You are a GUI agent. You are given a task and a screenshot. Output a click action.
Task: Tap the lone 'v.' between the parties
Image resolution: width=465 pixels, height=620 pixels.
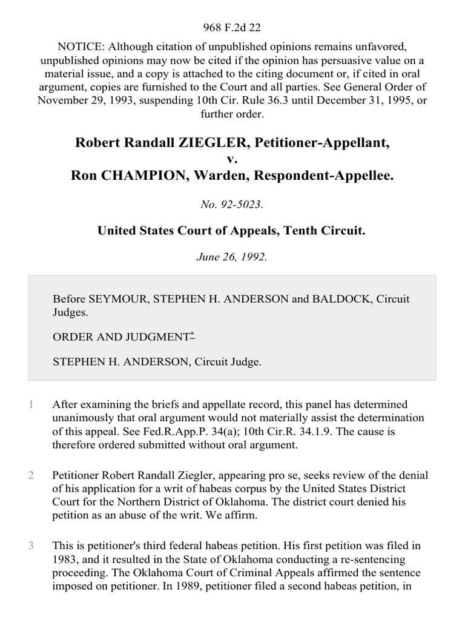point(232,159)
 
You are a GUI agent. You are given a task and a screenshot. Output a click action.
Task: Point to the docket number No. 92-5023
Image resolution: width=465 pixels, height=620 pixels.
point(232,205)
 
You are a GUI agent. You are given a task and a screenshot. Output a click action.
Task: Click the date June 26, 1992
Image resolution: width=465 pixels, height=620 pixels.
point(232,256)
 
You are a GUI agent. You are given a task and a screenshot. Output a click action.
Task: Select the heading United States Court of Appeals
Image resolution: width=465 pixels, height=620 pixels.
point(232,231)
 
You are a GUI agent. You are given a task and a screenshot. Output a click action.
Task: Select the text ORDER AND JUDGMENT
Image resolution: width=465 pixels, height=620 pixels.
point(121,337)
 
